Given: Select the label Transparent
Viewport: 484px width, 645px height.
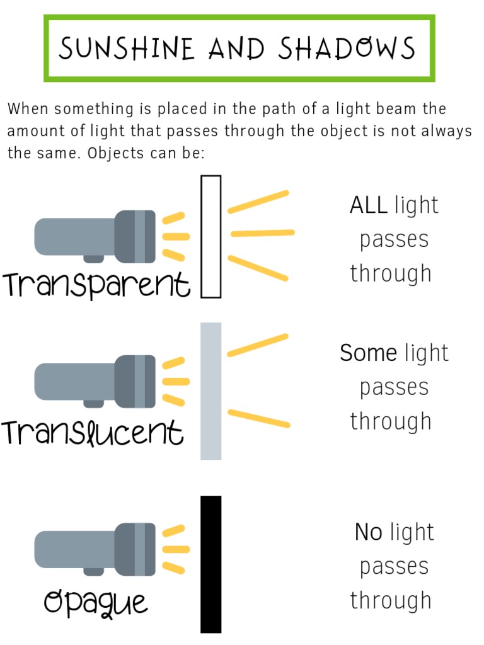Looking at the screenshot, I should pyautogui.click(x=96, y=285).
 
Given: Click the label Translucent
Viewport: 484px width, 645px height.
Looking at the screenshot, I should pyautogui.click(x=93, y=433).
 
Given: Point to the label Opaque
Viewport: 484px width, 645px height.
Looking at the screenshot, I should pyautogui.click(x=96, y=602).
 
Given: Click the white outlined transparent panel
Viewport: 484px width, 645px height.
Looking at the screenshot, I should pyautogui.click(x=211, y=236).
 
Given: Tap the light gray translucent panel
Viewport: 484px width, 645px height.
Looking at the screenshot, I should pyautogui.click(x=211, y=391).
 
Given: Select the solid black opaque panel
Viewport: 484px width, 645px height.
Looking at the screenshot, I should pyautogui.click(x=211, y=564).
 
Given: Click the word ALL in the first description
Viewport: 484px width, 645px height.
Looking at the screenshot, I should pyautogui.click(x=369, y=205).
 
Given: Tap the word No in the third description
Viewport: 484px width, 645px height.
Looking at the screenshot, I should pyautogui.click(x=369, y=533).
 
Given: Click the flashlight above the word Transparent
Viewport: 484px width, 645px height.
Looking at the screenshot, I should pyautogui.click(x=95, y=236).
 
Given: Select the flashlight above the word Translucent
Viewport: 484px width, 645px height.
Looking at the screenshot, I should pyautogui.click(x=95, y=382).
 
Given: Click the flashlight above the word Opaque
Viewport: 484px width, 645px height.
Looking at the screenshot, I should pyautogui.click(x=95, y=549).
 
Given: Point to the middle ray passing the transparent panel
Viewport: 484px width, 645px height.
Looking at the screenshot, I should pyautogui.click(x=262, y=233).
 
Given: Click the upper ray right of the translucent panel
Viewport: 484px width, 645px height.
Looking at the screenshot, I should pyautogui.click(x=258, y=345).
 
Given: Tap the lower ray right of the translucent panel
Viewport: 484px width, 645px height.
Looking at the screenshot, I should pyautogui.click(x=259, y=418).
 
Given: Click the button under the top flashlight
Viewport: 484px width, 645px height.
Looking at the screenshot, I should pyautogui.click(x=94, y=258).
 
